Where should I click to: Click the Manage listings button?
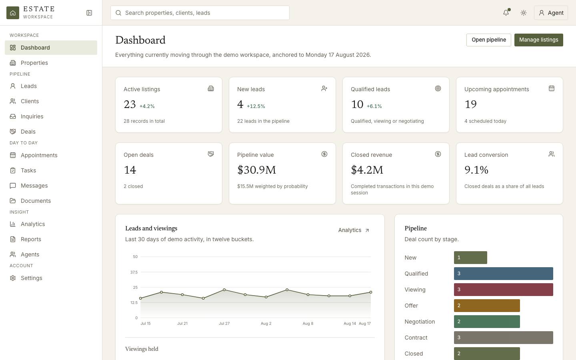tap(538, 40)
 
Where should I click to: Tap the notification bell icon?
tap(506, 13)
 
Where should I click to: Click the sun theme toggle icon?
tap(523, 13)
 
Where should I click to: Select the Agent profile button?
tap(551, 13)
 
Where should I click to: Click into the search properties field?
tap(200, 13)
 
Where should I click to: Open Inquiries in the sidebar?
tap(32, 116)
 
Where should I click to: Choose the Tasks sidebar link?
tap(28, 170)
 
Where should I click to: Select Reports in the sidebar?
tap(31, 239)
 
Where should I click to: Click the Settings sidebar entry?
tap(31, 278)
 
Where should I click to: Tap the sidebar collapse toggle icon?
tap(89, 13)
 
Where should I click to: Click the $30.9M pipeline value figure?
tap(256, 170)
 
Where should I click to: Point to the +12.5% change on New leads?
tap(256, 106)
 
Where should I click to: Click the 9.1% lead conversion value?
tap(476, 170)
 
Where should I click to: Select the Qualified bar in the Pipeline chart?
tap(503, 274)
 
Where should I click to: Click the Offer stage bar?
tap(487, 306)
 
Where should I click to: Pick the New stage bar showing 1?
tap(470, 258)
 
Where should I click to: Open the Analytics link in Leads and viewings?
tap(354, 230)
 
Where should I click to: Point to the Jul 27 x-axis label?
tap(224, 324)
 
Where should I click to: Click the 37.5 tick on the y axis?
tap(134, 272)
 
